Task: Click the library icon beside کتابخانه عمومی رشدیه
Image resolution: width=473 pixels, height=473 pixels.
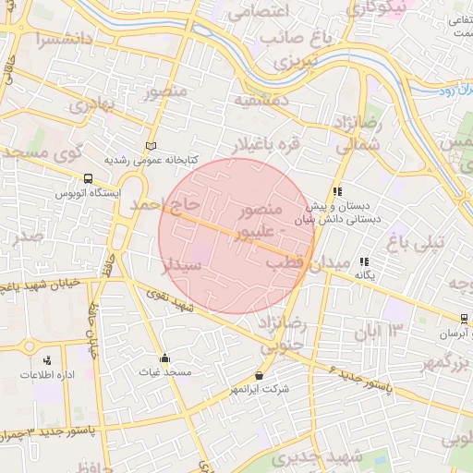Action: [x=152, y=146]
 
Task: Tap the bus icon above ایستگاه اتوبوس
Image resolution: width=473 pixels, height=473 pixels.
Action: [x=88, y=178]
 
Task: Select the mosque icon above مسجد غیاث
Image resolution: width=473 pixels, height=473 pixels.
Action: [x=165, y=358]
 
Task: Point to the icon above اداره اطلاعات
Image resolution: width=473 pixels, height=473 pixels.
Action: [x=47, y=359]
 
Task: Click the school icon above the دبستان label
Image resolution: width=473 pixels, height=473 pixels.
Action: [x=337, y=192]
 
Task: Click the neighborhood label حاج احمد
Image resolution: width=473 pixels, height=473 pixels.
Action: [x=164, y=202]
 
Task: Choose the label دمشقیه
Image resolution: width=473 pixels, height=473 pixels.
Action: [x=262, y=99]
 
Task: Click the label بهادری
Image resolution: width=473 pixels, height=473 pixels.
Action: [x=91, y=104]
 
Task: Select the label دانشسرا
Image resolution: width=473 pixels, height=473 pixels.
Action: [x=64, y=40]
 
